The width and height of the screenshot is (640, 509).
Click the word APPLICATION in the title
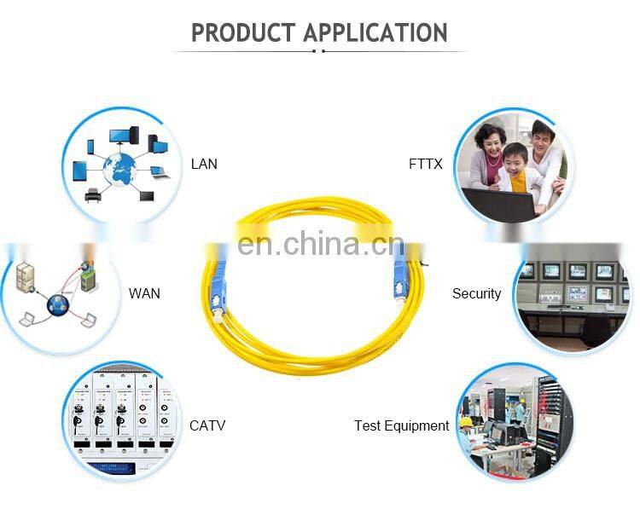click(376, 33)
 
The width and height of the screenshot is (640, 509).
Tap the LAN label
click(204, 164)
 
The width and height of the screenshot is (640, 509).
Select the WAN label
click(144, 293)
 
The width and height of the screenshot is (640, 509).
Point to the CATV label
click(207, 425)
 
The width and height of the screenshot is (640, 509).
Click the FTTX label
click(426, 164)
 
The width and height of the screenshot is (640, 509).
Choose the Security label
click(476, 293)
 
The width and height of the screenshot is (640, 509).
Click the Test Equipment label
click(401, 425)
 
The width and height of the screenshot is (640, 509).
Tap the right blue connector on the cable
click(397, 275)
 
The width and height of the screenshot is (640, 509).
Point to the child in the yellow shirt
click(515, 171)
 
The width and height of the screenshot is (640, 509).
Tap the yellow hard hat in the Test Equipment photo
click(467, 421)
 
